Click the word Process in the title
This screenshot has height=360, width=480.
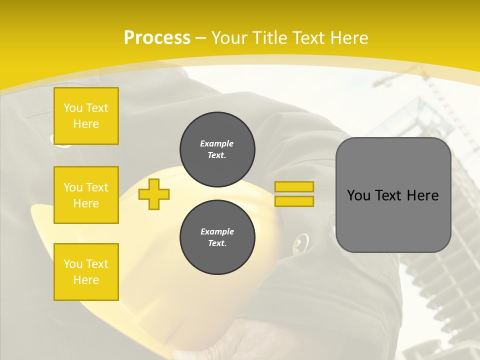coord(157,38)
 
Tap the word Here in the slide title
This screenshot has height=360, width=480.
coord(348,38)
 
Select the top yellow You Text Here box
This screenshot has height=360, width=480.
coord(86,116)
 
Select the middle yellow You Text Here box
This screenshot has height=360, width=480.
coord(86,195)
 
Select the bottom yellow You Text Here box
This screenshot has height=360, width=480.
coord(86,272)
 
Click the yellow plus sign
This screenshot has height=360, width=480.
coord(154,194)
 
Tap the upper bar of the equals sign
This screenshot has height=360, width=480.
coord(294,186)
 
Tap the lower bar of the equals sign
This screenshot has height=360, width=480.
coord(294,201)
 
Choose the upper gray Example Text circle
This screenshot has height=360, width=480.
coord(217,149)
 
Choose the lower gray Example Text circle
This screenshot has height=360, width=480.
coord(217,237)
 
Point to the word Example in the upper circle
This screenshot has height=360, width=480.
coord(216,143)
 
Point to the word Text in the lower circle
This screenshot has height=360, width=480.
coord(217,243)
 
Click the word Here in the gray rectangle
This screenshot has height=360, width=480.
coord(422,195)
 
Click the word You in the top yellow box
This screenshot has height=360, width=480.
coord(73,108)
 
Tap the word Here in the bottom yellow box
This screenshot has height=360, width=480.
coord(86,280)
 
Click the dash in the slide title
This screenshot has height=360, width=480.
coord(201,38)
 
